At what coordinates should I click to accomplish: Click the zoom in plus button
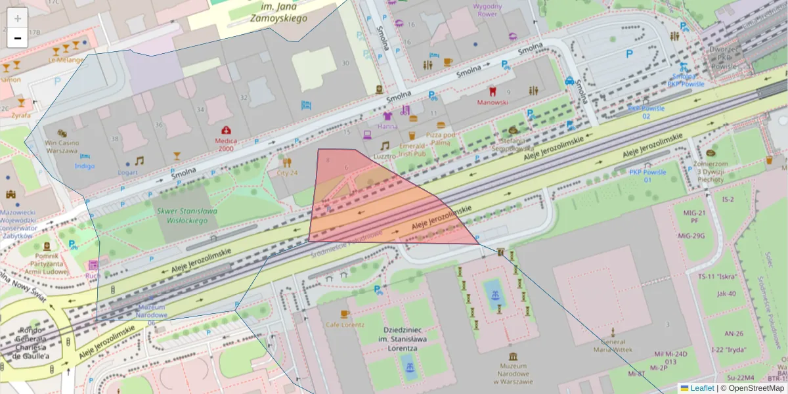click(18, 18)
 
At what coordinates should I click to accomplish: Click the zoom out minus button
click(18, 38)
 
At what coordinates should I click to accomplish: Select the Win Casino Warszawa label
click(62, 146)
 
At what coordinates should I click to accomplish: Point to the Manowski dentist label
click(492, 102)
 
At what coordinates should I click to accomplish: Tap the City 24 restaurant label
click(287, 173)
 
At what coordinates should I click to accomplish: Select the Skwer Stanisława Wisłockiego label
click(186, 216)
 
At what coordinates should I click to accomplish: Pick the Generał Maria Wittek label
click(612, 345)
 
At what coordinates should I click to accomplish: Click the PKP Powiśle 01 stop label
click(647, 176)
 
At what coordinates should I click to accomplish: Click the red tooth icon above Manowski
click(492, 91)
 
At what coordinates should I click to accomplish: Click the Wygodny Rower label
click(487, 10)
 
